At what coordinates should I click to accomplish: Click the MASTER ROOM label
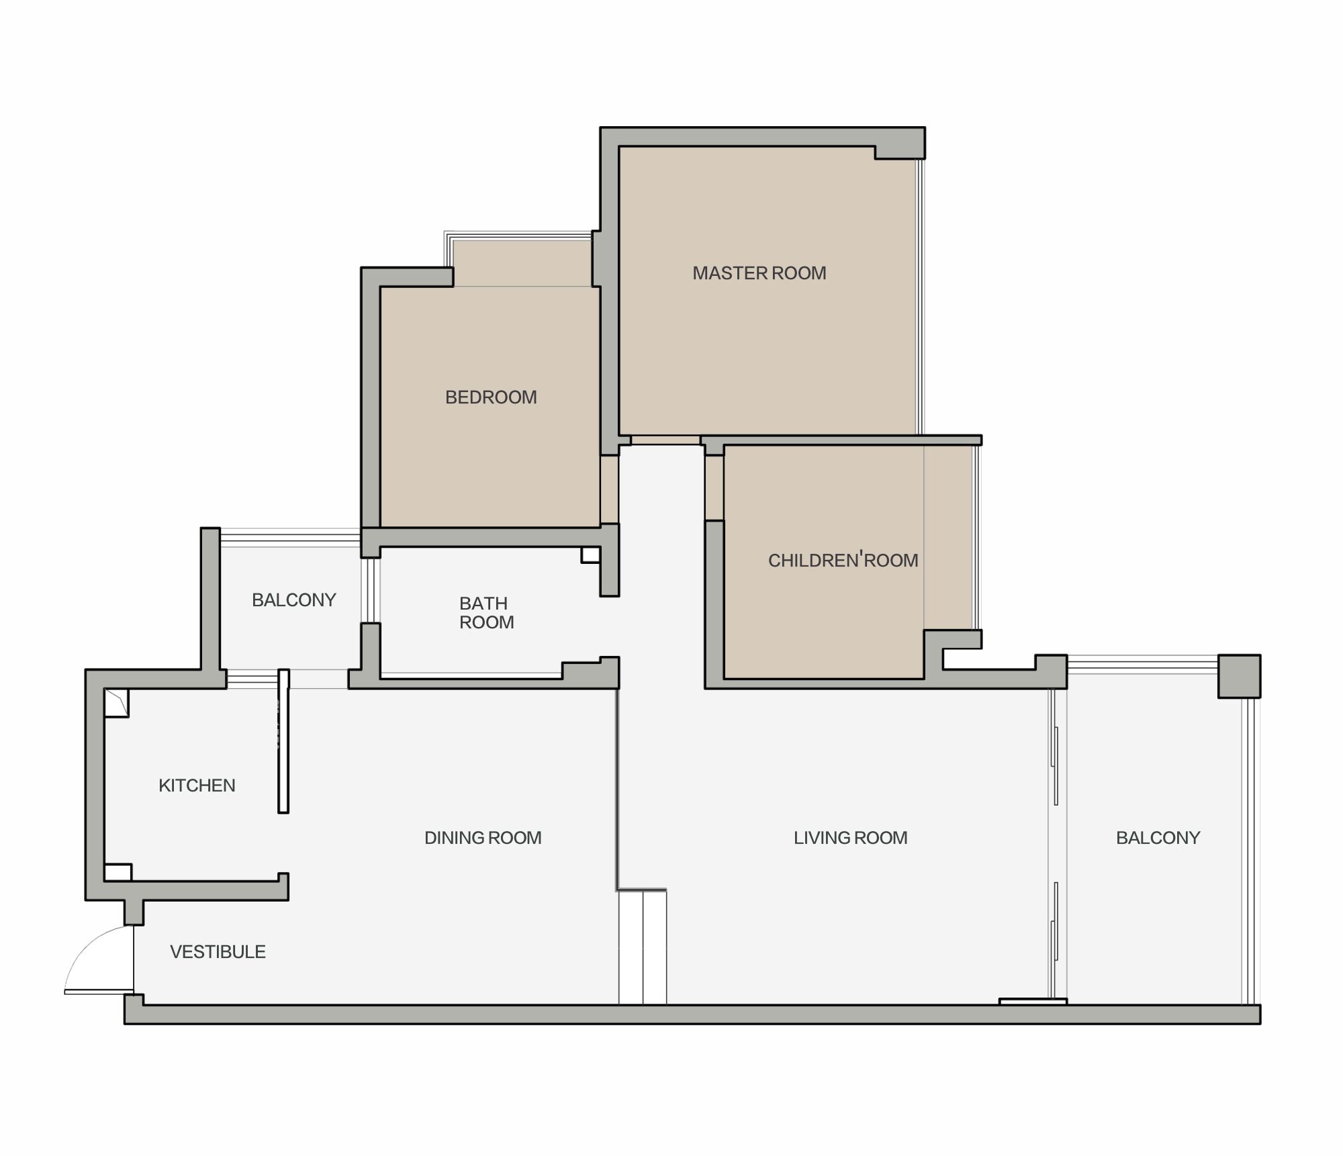pyautogui.click(x=759, y=273)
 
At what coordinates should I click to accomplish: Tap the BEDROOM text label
pyautogui.click(x=491, y=397)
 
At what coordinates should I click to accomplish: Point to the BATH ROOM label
pyautogui.click(x=486, y=613)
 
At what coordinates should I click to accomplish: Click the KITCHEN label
pyautogui.click(x=197, y=785)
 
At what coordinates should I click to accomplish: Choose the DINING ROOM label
pyautogui.click(x=483, y=838)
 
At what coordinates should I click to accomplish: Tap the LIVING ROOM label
pyautogui.click(x=850, y=838)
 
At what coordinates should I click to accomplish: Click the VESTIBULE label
pyautogui.click(x=218, y=952)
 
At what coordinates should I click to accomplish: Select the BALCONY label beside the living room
pyautogui.click(x=1158, y=838)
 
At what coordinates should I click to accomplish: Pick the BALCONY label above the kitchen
pyautogui.click(x=293, y=600)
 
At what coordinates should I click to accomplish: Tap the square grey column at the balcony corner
pyautogui.click(x=1239, y=676)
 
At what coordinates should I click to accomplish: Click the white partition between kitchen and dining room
pyautogui.click(x=283, y=741)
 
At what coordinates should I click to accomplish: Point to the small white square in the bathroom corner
pyautogui.click(x=590, y=555)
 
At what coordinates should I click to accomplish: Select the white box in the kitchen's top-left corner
pyautogui.click(x=116, y=703)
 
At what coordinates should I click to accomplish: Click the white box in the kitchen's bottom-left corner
pyautogui.click(x=118, y=872)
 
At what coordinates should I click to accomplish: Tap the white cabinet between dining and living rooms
pyautogui.click(x=643, y=947)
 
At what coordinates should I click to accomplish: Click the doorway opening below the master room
pyautogui.click(x=665, y=440)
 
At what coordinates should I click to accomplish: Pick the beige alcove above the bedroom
pyautogui.click(x=522, y=262)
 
